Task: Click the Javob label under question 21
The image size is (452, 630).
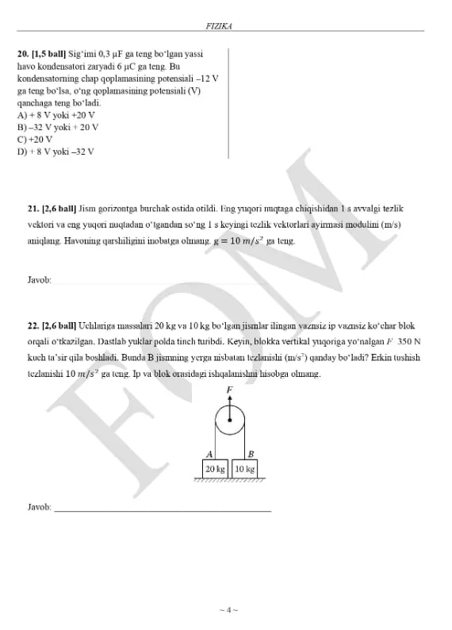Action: [39, 280]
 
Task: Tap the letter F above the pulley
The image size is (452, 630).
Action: [230, 390]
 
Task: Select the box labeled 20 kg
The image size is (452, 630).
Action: [215, 469]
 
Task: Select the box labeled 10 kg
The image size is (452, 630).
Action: [244, 469]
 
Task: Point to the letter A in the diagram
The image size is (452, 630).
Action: [209, 454]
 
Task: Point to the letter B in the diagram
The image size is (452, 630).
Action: [251, 454]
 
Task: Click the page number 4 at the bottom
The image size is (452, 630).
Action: [228, 610]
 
